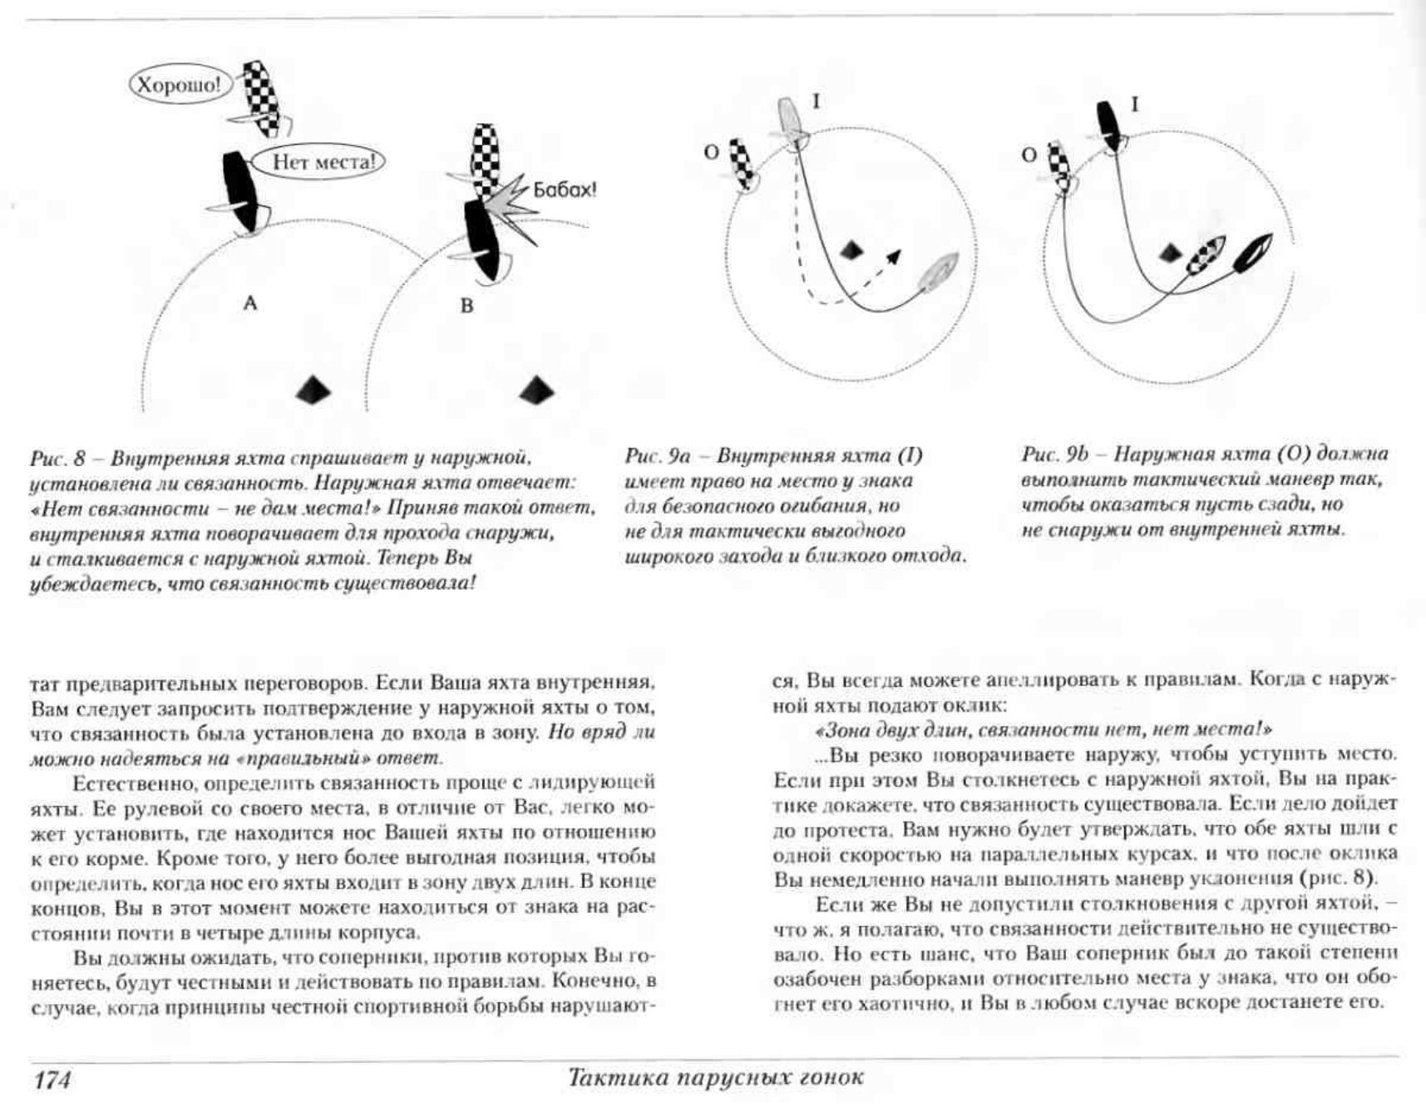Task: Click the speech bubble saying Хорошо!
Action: click(x=180, y=85)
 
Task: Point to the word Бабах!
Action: click(x=565, y=190)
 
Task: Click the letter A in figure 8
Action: click(x=249, y=304)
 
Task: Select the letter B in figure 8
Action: click(x=466, y=305)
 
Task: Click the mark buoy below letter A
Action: click(x=313, y=389)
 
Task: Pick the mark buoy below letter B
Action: click(x=536, y=389)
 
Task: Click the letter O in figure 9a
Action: click(x=712, y=153)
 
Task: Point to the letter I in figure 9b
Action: click(x=1134, y=105)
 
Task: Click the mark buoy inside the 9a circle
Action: click(x=850, y=249)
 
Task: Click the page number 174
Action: click(x=52, y=1080)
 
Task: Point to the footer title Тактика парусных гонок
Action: click(x=715, y=1078)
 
